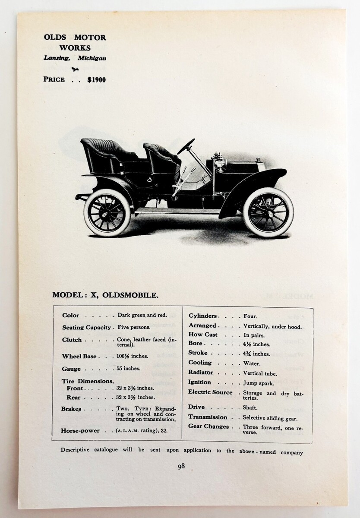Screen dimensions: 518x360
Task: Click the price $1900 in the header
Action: coord(96,79)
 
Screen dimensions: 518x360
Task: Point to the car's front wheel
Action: coord(268,212)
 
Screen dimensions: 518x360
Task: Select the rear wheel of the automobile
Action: coord(107,212)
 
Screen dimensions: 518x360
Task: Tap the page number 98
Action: coord(181,466)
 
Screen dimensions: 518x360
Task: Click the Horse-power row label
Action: coord(81,430)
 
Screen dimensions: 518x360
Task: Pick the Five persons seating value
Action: coord(134,328)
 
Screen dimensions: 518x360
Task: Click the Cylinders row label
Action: coord(202,316)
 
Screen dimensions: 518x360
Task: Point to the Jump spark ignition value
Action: coord(258,383)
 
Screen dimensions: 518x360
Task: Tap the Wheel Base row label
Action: coord(79,357)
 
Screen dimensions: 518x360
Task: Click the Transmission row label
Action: coord(208,417)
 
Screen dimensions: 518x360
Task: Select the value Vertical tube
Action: coord(260,373)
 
